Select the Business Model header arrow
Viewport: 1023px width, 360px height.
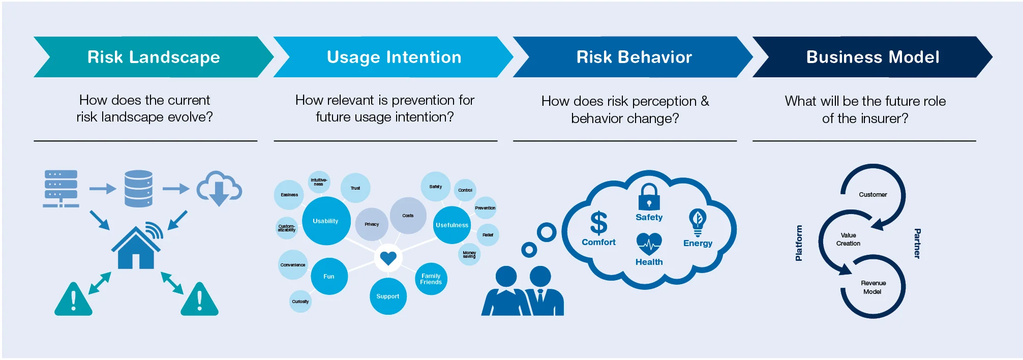pyautogui.click(x=872, y=57)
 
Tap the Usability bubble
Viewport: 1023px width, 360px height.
pyautogui.click(x=326, y=221)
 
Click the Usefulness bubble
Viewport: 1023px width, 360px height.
pyautogui.click(x=452, y=225)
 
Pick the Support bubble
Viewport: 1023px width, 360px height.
pyautogui.click(x=388, y=296)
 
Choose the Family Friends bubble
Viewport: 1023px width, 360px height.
pyautogui.click(x=431, y=279)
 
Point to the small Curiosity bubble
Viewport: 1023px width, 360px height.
pyautogui.click(x=300, y=302)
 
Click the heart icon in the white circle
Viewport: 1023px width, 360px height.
pyautogui.click(x=388, y=258)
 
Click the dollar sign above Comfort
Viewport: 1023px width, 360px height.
pyautogui.click(x=598, y=223)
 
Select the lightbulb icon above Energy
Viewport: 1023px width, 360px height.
pyautogui.click(x=698, y=222)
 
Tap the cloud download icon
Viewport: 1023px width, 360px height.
pyautogui.click(x=219, y=188)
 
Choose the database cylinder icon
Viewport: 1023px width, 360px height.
pyautogui.click(x=138, y=189)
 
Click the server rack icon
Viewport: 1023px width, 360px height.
pyautogui.click(x=61, y=189)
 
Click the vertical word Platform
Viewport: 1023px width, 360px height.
pyautogui.click(x=799, y=243)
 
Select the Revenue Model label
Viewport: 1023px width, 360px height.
pyautogui.click(x=873, y=287)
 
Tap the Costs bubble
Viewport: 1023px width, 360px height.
pyautogui.click(x=408, y=216)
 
